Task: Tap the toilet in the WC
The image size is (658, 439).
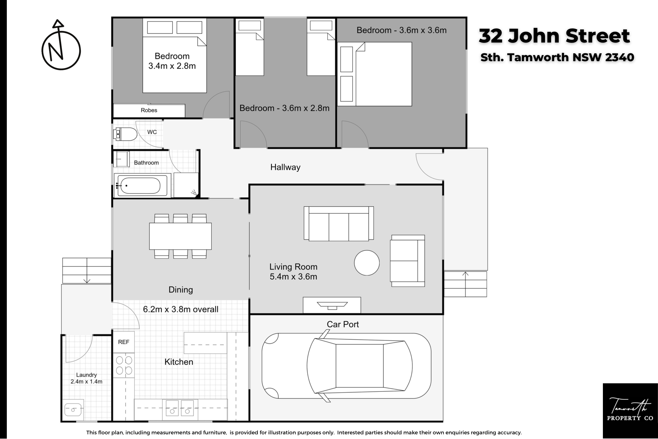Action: (x=125, y=134)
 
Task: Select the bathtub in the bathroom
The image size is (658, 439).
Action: (x=139, y=185)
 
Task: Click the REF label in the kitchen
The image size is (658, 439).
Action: (x=124, y=342)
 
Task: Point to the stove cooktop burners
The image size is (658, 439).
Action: (x=124, y=365)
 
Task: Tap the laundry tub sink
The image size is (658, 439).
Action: (x=73, y=410)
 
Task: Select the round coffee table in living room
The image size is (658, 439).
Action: (x=367, y=263)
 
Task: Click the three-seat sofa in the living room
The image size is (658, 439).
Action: (x=339, y=224)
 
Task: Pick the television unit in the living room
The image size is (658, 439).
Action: (x=332, y=305)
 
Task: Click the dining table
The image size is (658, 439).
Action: (x=180, y=236)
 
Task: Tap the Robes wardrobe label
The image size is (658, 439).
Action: (x=149, y=110)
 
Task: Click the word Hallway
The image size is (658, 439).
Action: (x=285, y=167)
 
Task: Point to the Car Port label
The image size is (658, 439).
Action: (x=343, y=324)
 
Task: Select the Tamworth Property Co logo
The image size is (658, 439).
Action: (x=630, y=411)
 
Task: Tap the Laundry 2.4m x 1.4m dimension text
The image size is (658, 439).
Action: (x=86, y=378)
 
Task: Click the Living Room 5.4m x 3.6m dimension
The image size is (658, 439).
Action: (x=293, y=272)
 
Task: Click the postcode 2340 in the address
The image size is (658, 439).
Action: (x=620, y=57)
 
